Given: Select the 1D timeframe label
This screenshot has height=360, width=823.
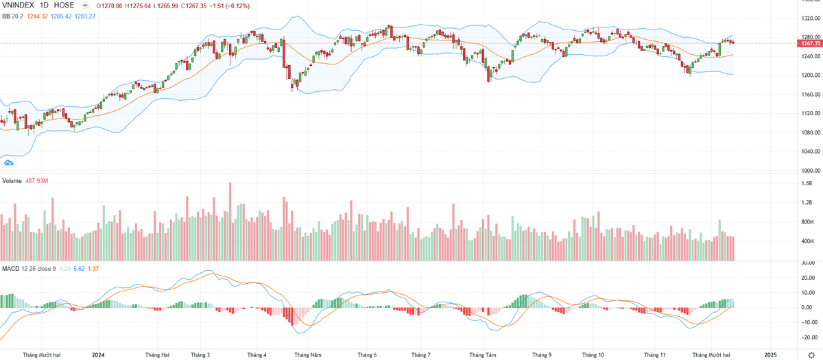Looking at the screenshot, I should click(x=46, y=5).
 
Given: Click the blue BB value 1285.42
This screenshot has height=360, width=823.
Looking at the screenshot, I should click(x=71, y=16).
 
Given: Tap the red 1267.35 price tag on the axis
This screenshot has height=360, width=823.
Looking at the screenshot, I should click(x=807, y=43).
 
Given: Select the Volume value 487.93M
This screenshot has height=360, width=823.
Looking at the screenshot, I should click(x=36, y=180).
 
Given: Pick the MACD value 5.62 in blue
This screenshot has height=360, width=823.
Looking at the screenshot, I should click(x=80, y=267).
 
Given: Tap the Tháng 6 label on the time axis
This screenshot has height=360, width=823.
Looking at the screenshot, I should click(x=367, y=355).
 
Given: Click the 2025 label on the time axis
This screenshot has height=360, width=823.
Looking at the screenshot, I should click(x=771, y=355).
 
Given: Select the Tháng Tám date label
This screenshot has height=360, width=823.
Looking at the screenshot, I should click(x=482, y=355).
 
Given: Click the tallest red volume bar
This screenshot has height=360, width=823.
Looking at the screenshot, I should click(x=230, y=221).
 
